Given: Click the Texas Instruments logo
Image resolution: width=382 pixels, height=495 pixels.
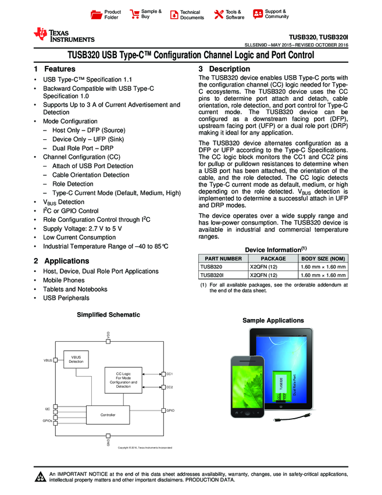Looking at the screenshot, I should point(64,35).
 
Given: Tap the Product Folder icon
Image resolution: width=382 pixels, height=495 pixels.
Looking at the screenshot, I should point(98,15).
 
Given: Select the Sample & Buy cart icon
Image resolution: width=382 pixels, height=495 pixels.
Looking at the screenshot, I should point(135,15).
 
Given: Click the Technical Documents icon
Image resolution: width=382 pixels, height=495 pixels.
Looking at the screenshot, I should point(174,15).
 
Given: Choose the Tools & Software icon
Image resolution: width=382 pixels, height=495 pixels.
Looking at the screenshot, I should point(219,15).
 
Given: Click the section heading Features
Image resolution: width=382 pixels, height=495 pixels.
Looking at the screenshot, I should point(60,69).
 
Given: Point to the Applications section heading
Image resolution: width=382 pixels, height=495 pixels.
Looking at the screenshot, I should point(66,261).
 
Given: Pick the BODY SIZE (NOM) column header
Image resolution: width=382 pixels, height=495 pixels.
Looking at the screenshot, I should point(323,257).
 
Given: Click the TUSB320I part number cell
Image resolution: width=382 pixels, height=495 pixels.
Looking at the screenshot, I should point(212,275).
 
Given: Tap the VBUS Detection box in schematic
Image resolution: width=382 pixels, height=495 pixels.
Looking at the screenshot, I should point(76,359).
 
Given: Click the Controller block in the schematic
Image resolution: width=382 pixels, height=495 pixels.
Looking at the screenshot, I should point(108,415).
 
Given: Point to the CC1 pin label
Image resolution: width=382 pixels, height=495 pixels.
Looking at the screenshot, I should point(170,373).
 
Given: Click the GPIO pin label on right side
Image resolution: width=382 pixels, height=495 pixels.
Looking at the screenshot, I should point(170,411).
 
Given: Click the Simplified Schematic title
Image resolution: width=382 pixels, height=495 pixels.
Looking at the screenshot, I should point(109,314).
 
